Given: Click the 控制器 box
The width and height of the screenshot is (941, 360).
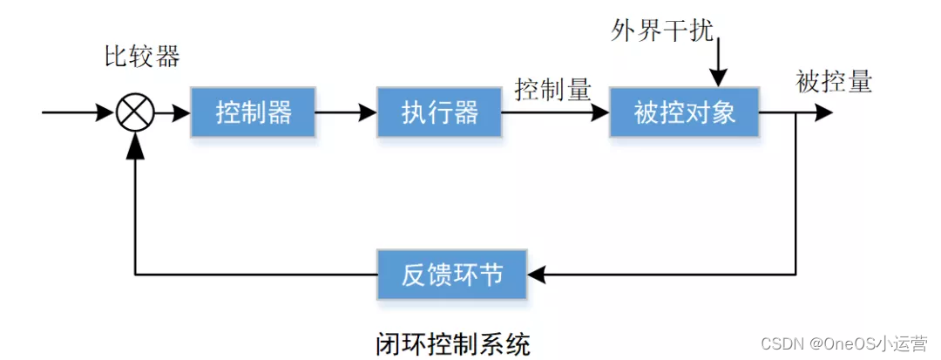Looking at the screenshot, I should pos(253,112).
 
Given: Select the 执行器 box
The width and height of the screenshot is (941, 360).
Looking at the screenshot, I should pos(440,112).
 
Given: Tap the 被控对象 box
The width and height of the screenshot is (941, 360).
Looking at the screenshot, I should pos(684,112).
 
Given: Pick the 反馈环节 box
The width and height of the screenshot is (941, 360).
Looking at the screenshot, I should pos(452,275).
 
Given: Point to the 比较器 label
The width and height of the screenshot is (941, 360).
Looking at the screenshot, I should pos(142,58).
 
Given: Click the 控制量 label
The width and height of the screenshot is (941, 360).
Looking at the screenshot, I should pos(553,89).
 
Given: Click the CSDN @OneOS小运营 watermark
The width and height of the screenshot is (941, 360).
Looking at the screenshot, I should pos(843,343).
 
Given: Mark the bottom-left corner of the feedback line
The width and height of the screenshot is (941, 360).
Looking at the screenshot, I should pos(135,275).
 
